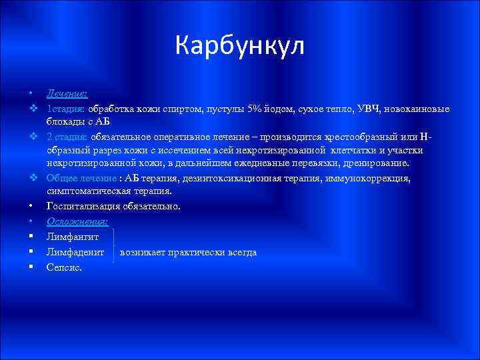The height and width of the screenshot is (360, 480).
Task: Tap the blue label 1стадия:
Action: coord(65,109)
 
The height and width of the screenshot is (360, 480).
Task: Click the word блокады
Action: coord(65,122)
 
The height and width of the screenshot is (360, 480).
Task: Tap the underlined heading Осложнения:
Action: coord(77,221)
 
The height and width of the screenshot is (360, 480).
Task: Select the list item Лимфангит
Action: coord(73,237)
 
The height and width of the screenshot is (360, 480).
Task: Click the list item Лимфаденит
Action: coord(75,252)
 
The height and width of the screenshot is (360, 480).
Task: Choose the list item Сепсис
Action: coord(65,267)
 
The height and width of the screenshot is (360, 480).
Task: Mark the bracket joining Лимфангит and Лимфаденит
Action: coord(115,245)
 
